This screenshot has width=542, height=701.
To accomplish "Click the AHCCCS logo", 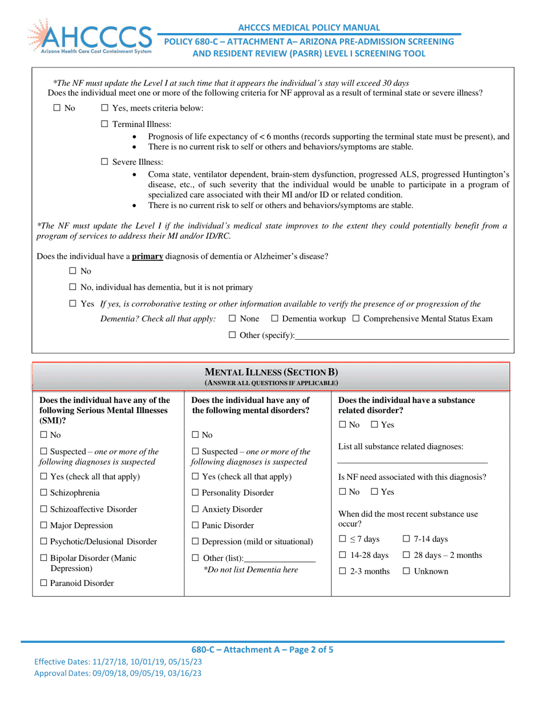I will tap(89, 37).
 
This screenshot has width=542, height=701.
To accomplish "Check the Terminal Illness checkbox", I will tap(104, 124).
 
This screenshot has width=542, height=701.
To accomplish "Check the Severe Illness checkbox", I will tap(104, 162).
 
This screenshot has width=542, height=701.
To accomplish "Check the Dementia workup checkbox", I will tap(275, 319).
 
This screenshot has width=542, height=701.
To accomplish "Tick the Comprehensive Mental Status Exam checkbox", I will tap(356, 319).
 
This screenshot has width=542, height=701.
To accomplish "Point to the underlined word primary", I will tap(148, 256).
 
